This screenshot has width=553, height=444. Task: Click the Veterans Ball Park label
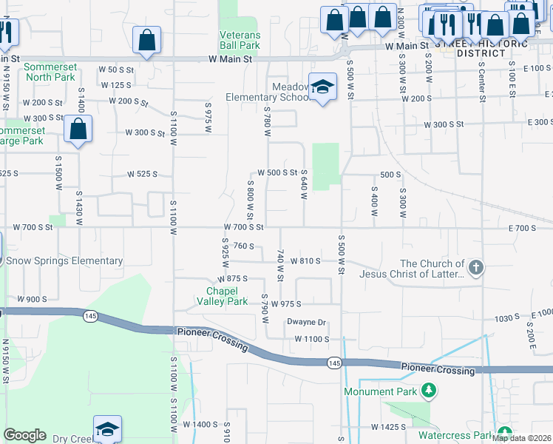[240, 40]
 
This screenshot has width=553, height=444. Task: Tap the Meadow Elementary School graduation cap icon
[323, 87]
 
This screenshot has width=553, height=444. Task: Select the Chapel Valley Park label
[222, 296]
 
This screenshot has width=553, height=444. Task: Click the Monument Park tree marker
[427, 389]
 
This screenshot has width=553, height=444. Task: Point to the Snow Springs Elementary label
[64, 260]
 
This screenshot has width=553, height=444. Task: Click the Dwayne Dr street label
[307, 322]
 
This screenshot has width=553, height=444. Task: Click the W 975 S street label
[288, 304]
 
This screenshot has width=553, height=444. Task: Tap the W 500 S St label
[277, 172]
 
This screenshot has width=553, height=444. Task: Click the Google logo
[24, 435]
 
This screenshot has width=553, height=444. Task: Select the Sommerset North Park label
[50, 72]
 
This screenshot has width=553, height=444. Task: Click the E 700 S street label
[522, 228]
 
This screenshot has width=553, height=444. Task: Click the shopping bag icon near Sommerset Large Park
[78, 129]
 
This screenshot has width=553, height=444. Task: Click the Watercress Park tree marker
[505, 434]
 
